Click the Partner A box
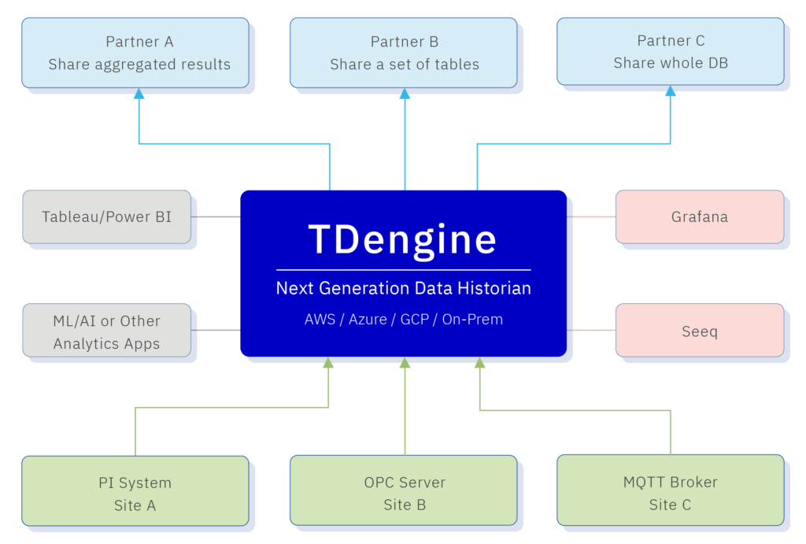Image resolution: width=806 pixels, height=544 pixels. pyautogui.click(x=135, y=52)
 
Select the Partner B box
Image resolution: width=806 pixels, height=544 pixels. pyautogui.click(x=403, y=52)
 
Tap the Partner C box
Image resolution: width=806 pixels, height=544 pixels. pyautogui.click(x=670, y=52)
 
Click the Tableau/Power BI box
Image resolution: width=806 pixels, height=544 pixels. pyautogui.click(x=106, y=216)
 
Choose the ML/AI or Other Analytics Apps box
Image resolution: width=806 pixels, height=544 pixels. pyautogui.click(x=106, y=331)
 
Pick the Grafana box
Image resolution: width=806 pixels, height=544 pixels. pyautogui.click(x=699, y=216)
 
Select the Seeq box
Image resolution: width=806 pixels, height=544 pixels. pyautogui.click(x=699, y=331)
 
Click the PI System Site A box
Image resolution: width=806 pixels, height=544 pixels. pyautogui.click(x=135, y=493)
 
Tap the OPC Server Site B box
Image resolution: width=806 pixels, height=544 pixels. pyautogui.click(x=403, y=493)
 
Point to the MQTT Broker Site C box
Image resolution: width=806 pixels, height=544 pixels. pyautogui.click(x=670, y=493)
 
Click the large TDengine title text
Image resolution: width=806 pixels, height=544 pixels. pyautogui.click(x=403, y=239)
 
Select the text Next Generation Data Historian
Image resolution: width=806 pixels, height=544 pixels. pyautogui.click(x=403, y=289)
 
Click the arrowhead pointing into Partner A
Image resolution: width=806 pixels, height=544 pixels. pyautogui.click(x=139, y=94)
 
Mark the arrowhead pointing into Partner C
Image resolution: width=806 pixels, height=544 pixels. pyautogui.click(x=671, y=92)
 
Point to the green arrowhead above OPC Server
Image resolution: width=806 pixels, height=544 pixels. pyautogui.click(x=405, y=363)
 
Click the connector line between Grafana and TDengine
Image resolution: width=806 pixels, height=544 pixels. pyautogui.click(x=591, y=216)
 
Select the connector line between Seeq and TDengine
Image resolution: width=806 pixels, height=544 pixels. pyautogui.click(x=591, y=330)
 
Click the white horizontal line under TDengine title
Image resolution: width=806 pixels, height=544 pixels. pyautogui.click(x=403, y=270)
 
